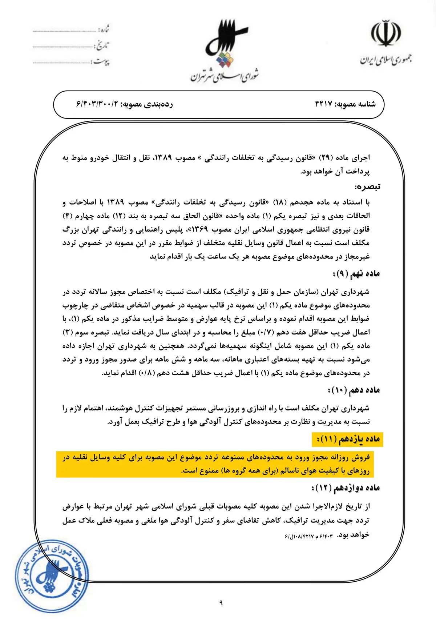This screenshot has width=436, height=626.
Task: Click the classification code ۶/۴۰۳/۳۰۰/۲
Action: (97, 104)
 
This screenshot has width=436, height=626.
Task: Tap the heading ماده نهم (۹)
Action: (356, 274)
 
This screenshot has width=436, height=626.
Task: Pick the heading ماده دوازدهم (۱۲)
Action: (346, 488)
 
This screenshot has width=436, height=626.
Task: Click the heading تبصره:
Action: (367, 187)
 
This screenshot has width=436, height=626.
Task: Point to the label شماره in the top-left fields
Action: (104, 29)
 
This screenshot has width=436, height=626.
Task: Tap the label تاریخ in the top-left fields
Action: (102, 45)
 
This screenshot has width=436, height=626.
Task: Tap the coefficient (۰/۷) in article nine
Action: (266, 332)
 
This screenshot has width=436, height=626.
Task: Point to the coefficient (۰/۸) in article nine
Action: (148, 373)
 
